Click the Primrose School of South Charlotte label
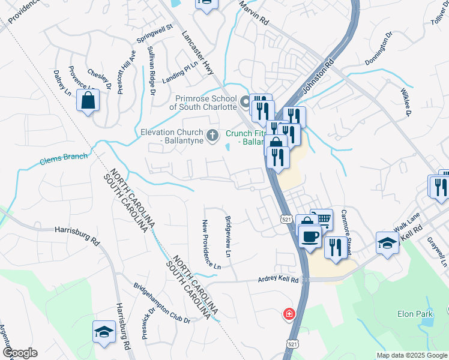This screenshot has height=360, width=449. click(x=203, y=102)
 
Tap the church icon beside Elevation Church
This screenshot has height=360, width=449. click(x=212, y=136)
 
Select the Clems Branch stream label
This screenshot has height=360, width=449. click(x=64, y=159)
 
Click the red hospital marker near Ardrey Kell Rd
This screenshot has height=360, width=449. click(x=289, y=314)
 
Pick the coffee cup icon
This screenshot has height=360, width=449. click(x=310, y=236)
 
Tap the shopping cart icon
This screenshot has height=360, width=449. click(x=322, y=220)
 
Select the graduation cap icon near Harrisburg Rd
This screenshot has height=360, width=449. click(x=104, y=332)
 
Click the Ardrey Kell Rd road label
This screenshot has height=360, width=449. click(x=278, y=279)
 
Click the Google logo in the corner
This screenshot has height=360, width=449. click(x=20, y=353)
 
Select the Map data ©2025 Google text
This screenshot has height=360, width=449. click(x=411, y=355)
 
